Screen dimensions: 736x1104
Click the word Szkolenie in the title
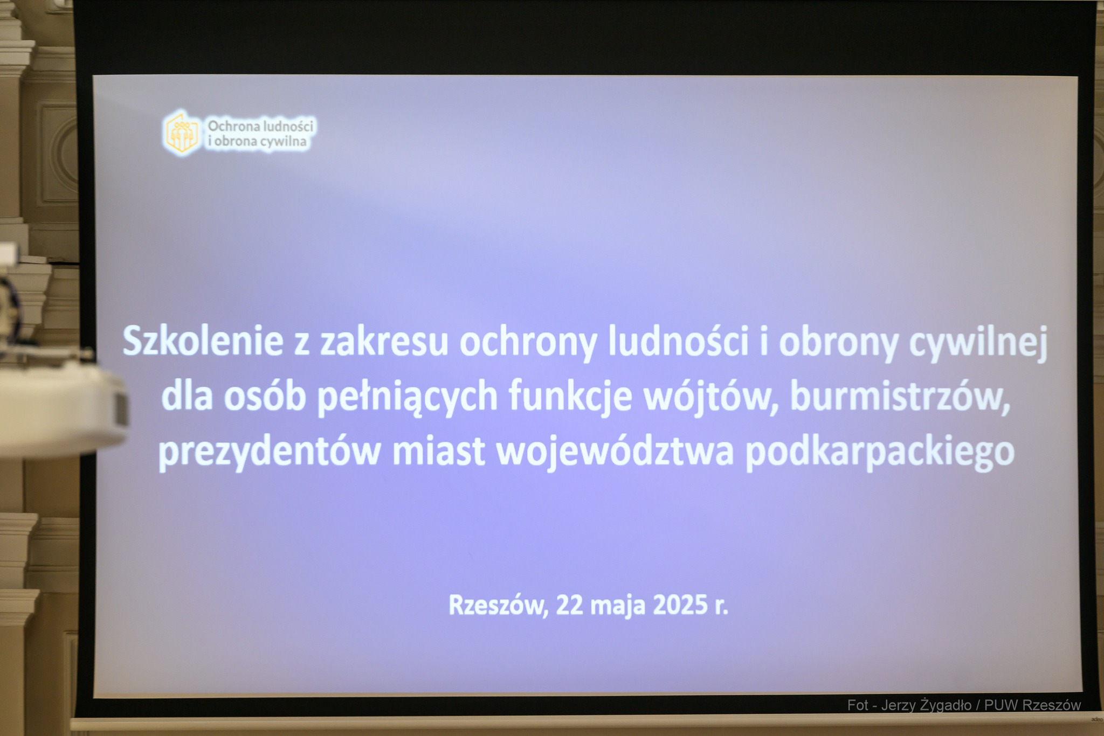[x=203, y=341]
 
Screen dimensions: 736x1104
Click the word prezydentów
[x=269, y=452]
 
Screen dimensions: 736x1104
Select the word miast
[x=438, y=451]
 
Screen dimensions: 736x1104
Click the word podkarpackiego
[x=880, y=452]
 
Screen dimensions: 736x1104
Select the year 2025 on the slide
[x=680, y=605]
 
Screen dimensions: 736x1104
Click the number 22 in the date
[x=570, y=605]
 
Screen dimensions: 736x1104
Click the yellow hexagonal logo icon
[x=182, y=133]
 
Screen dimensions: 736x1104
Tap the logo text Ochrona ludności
[x=260, y=126]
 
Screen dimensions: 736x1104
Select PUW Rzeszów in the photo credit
[x=1033, y=705]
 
